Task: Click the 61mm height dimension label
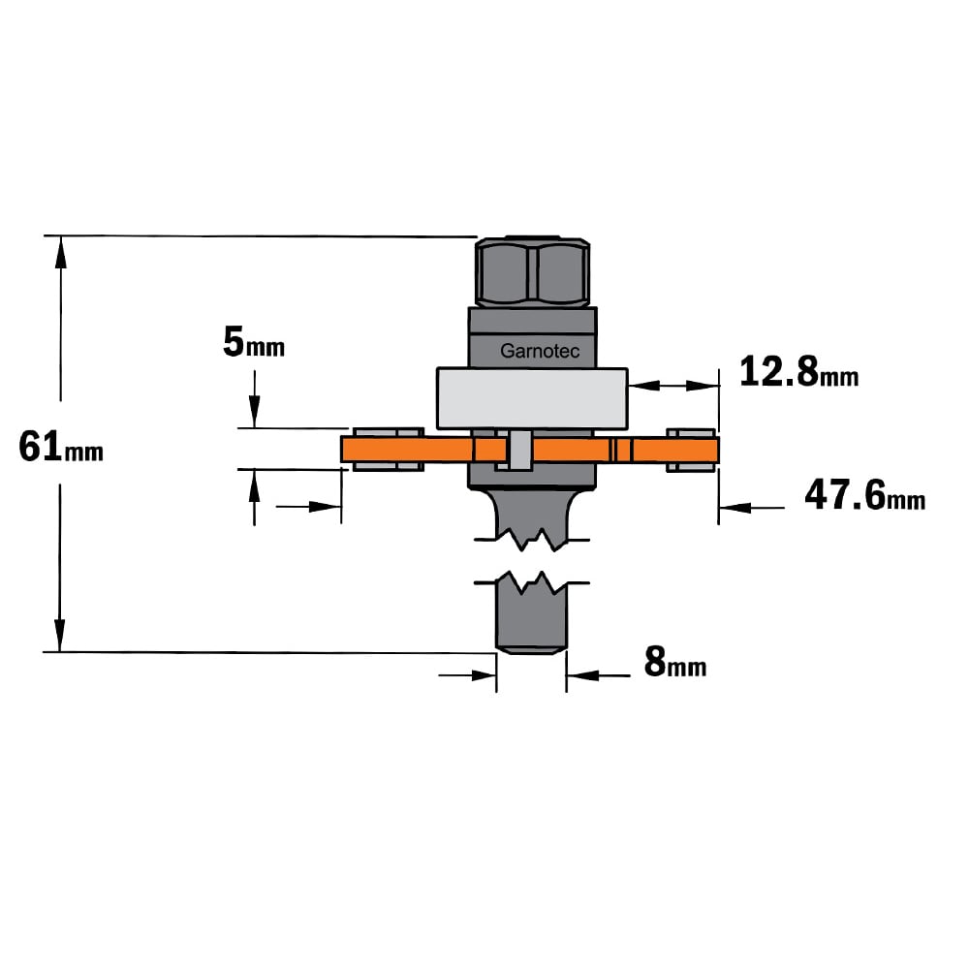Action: tap(60, 448)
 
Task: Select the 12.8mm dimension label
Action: tap(799, 371)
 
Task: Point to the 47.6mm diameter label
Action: tap(864, 495)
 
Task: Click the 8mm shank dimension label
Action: tap(674, 662)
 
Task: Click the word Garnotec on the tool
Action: tap(540, 351)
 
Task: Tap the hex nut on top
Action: tap(532, 271)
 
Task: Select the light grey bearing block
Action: tap(532, 398)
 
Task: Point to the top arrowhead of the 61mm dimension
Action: tap(60, 252)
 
